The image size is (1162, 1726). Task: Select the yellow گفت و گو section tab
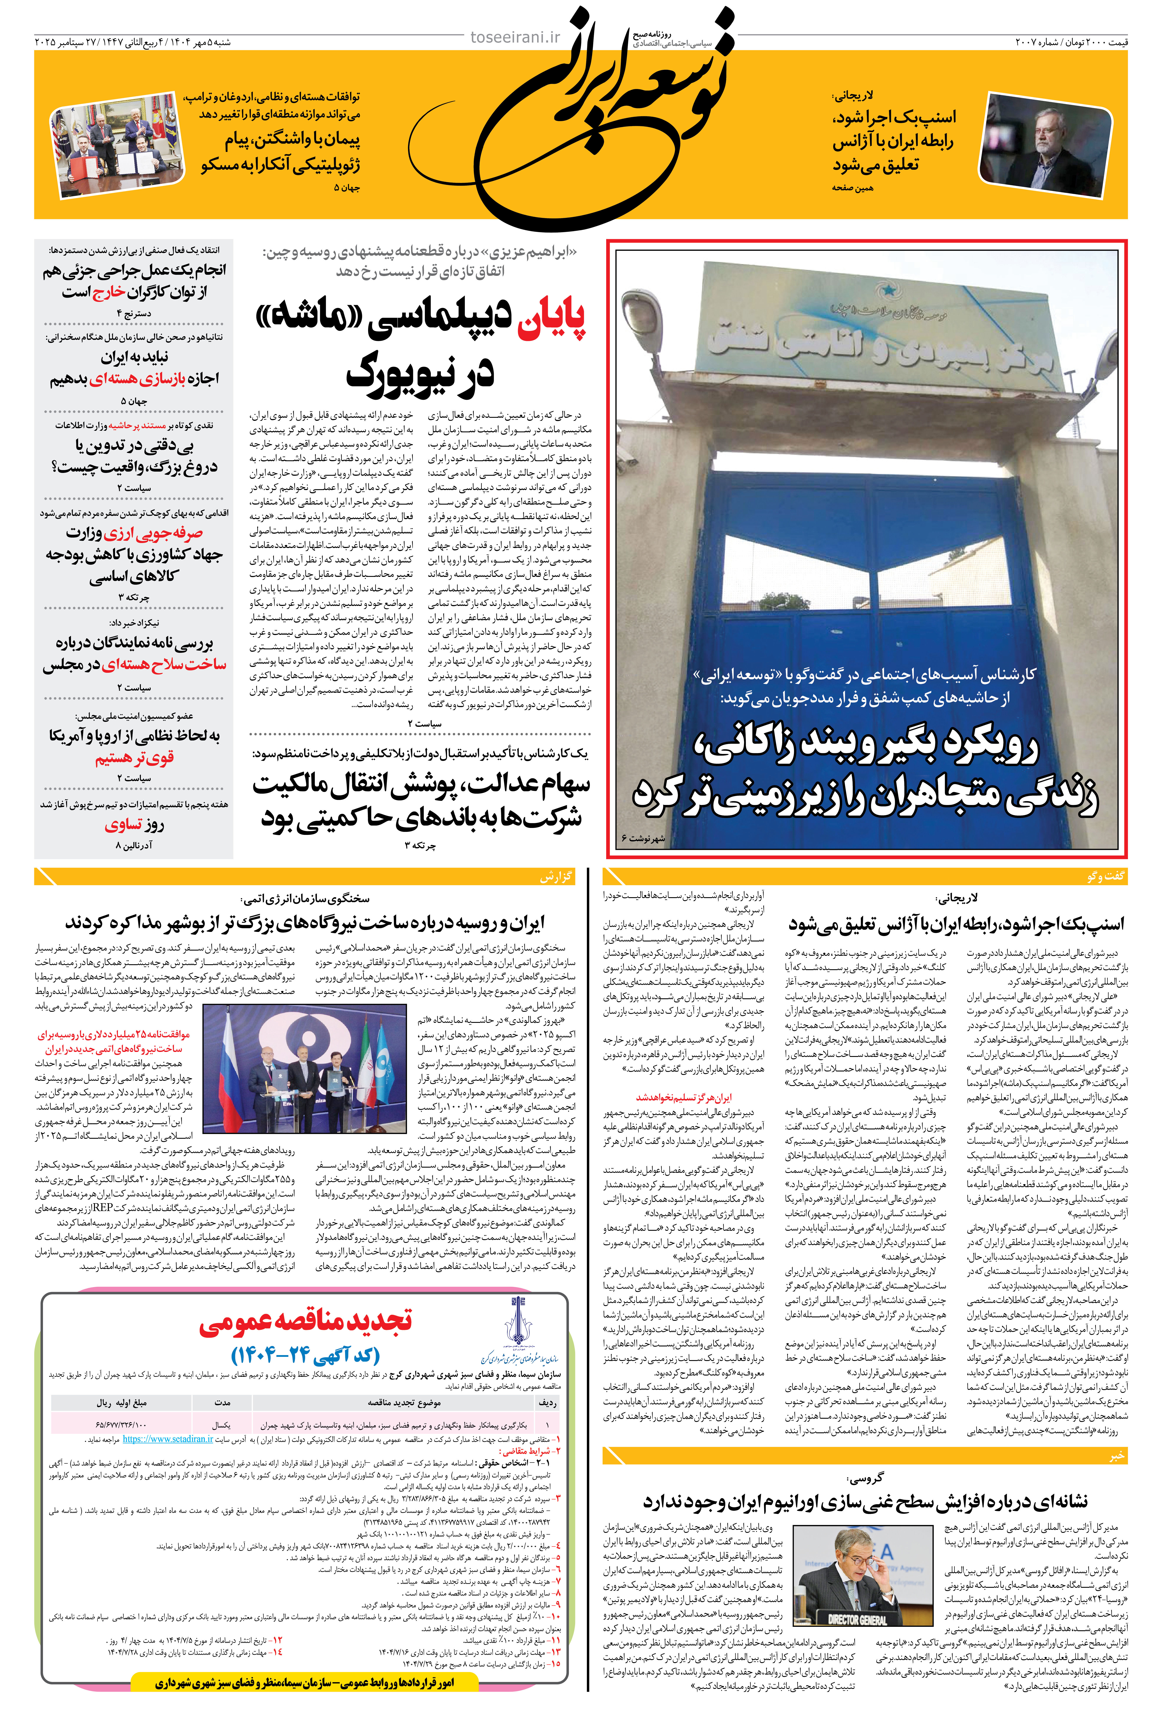click(1106, 876)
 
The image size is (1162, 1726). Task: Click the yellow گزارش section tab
click(556, 876)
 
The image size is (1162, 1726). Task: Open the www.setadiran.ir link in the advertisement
click(168, 1438)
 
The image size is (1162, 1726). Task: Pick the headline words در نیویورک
click(420, 373)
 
